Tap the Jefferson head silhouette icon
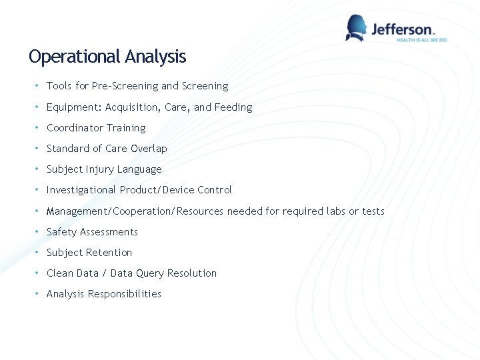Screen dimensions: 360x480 [x=356, y=28]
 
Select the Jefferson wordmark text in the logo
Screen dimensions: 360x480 [x=402, y=29]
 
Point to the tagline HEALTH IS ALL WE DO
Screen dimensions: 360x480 [x=421, y=40]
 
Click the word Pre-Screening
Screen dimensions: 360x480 [x=125, y=86]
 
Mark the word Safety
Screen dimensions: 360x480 [x=61, y=232]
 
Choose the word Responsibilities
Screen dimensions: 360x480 [x=125, y=294]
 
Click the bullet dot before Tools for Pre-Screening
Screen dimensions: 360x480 [x=37, y=86]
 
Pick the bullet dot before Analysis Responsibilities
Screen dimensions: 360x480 [x=37, y=294]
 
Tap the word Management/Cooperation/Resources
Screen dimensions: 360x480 [x=135, y=211]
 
